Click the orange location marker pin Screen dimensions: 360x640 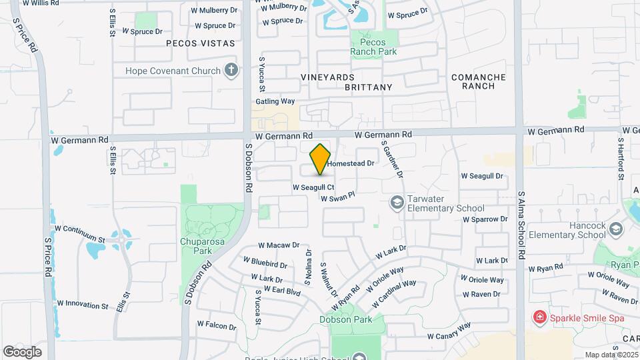click(x=321, y=159)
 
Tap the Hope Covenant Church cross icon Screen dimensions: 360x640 click(x=231, y=71)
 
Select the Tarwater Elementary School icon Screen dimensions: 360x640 click(x=397, y=202)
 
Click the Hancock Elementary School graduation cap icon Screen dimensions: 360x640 click(x=615, y=230)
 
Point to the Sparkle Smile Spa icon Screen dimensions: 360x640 click(x=539, y=318)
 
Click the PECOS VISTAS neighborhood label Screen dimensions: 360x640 click(x=200, y=43)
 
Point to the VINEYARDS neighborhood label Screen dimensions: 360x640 click(x=327, y=77)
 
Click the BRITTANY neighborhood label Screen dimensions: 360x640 click(x=369, y=87)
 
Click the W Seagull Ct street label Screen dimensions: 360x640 click(x=313, y=187)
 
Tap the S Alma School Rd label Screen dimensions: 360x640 click(x=521, y=227)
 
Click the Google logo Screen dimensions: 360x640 click(x=22, y=351)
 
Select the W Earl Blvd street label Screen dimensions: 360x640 click(x=281, y=290)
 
